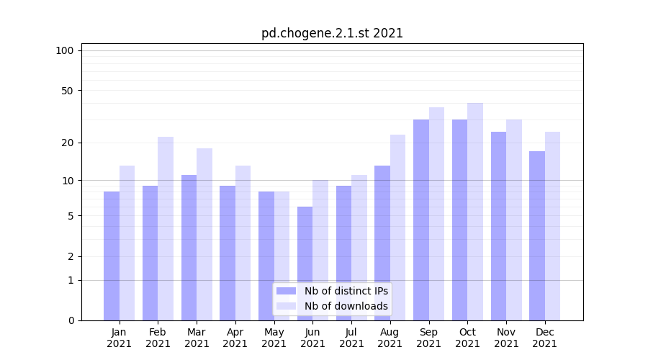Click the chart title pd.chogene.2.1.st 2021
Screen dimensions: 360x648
(332, 33)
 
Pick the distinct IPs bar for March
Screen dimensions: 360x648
(189, 248)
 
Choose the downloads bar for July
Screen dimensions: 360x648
(359, 248)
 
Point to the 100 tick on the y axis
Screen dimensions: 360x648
(65, 50)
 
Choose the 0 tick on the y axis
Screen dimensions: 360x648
(71, 320)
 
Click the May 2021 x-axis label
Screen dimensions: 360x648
(274, 338)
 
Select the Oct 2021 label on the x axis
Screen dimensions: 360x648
(467, 338)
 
